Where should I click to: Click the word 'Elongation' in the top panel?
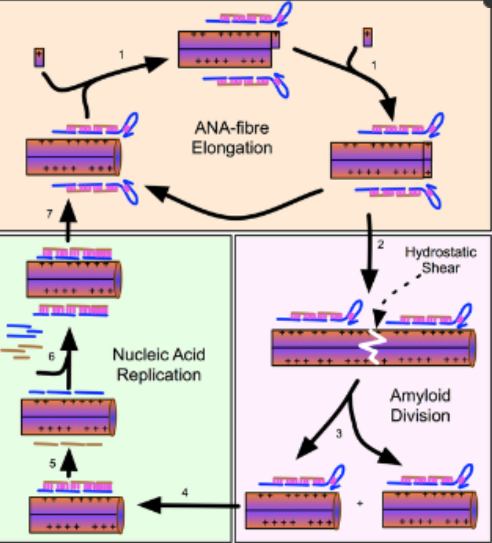click(x=232, y=148)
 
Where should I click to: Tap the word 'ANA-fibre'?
click(x=232, y=128)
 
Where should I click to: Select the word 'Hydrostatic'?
click(x=441, y=252)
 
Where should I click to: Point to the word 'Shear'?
click(x=441, y=268)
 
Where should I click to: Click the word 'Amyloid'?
click(x=420, y=396)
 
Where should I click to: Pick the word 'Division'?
click(x=420, y=416)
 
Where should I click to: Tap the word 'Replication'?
click(x=159, y=375)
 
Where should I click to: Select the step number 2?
click(x=380, y=244)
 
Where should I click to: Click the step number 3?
click(x=339, y=434)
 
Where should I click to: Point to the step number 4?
click(x=185, y=493)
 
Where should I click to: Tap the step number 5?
click(x=52, y=464)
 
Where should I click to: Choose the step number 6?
click(x=51, y=356)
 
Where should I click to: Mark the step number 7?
click(x=49, y=214)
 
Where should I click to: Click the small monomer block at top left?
click(x=39, y=57)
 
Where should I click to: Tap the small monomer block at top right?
click(x=368, y=37)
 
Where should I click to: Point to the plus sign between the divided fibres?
click(x=360, y=503)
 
